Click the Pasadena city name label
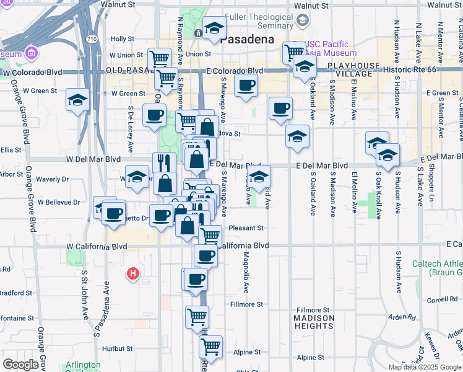[248, 39]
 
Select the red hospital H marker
[132, 273]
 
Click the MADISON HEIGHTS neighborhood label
[314, 322]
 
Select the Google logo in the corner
[20, 364]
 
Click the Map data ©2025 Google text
[424, 367]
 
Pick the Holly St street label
[123, 38]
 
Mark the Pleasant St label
[246, 228]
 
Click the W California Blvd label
[97, 246]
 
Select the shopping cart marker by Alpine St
[211, 347]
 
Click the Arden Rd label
[403, 317]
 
